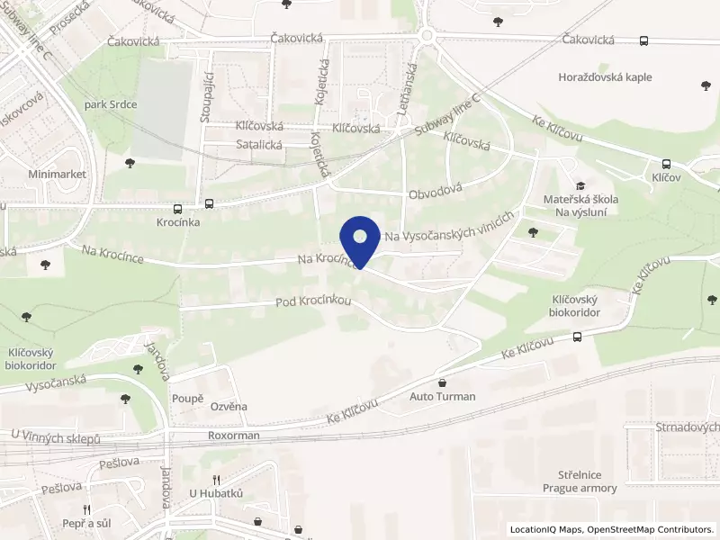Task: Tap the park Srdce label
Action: pos(110,104)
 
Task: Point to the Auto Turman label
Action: pos(442,396)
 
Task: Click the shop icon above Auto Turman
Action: pos(442,382)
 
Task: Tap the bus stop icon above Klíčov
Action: pos(666,164)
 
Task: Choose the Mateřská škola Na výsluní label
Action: pos(580,204)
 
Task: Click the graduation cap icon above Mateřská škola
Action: pos(580,185)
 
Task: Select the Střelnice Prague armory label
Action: pos(580,481)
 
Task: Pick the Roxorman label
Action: pos(233,436)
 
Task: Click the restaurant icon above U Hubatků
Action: pos(216,479)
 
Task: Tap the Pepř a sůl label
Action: pos(87,523)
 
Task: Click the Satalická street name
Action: pos(259,144)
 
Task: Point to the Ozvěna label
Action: pos(229,407)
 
